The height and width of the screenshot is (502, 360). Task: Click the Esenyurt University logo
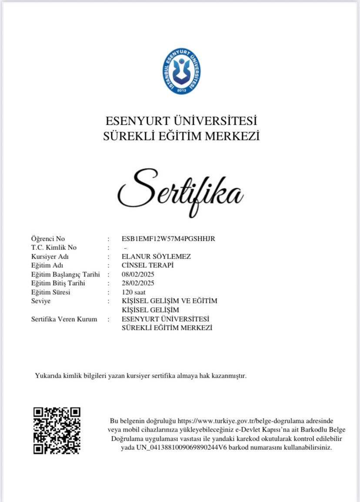coord(181,71)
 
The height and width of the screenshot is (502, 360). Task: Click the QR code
coord(57,431)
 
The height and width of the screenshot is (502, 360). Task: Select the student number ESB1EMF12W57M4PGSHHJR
coord(168,239)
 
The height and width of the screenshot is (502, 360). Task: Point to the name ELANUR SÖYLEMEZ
coord(156,256)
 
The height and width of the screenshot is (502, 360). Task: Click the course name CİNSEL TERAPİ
coord(147,265)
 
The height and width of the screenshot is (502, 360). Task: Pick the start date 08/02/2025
coord(138,274)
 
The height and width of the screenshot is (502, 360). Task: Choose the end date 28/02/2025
coord(138,283)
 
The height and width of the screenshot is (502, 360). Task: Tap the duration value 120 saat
coord(133,292)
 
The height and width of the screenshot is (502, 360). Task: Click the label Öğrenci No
coord(48,239)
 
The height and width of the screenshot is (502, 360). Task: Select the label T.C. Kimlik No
coord(54,248)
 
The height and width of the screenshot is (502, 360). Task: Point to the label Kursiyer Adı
coord(50,256)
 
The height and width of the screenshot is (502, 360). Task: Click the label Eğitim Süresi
coord(51,292)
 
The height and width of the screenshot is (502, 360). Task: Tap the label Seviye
coord(41,301)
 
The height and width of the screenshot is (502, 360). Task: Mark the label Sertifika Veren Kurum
coord(64,319)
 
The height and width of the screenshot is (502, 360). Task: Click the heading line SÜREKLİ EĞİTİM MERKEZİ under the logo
coord(181,136)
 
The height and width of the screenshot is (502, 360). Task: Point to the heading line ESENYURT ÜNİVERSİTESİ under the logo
coord(181,120)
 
